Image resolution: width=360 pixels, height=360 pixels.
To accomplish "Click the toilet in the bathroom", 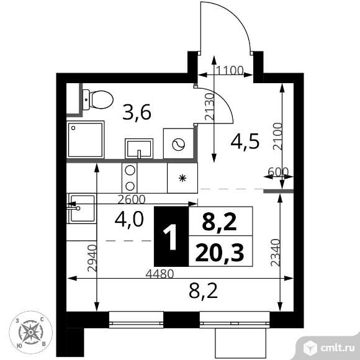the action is pos(98,100).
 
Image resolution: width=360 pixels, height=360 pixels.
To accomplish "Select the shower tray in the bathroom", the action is pos(86,140).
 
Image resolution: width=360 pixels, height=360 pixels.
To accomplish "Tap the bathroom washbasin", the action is pos(139,148).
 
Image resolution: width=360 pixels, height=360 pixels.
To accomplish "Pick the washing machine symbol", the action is pos(178,143).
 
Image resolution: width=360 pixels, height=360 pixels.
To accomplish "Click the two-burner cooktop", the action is pos(130,178).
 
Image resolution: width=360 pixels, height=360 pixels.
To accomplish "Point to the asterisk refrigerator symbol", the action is pos(182,178).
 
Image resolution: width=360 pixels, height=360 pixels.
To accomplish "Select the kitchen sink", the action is pos(81,208).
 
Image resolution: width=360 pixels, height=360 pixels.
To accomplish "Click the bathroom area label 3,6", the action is pos(137,112).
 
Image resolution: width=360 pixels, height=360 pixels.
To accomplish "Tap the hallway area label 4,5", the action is pos(245,141).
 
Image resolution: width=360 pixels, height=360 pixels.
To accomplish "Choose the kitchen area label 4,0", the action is pos(129,219).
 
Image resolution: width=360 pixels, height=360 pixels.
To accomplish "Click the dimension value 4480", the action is pos(160,274).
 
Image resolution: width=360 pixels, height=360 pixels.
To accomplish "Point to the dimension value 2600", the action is pos(132,199).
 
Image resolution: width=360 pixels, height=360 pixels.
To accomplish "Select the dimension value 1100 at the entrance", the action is pos(230,70).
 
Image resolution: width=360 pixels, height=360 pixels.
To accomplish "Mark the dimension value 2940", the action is pos(92,258).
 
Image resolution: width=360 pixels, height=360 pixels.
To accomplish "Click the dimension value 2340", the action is pos(276,253).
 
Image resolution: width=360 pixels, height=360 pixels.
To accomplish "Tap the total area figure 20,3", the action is pos(220,253).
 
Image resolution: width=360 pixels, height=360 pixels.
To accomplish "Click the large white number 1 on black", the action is pos(170,237).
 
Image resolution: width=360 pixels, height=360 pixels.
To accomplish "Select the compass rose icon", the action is pos(30,332).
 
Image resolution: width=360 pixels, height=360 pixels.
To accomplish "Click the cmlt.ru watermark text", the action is pos(337,348).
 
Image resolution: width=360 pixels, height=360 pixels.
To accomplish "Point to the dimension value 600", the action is pos(278,171).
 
